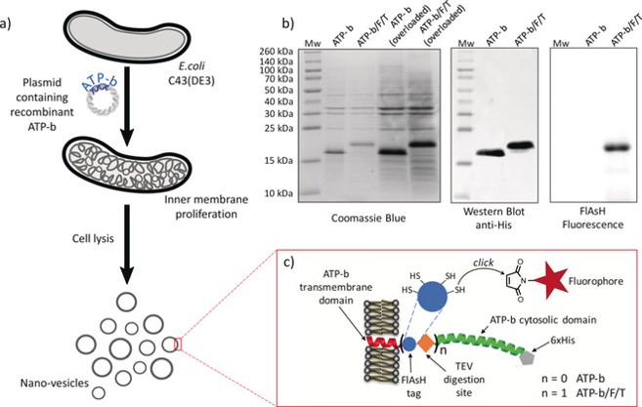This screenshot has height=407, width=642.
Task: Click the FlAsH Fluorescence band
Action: pos(614,148)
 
